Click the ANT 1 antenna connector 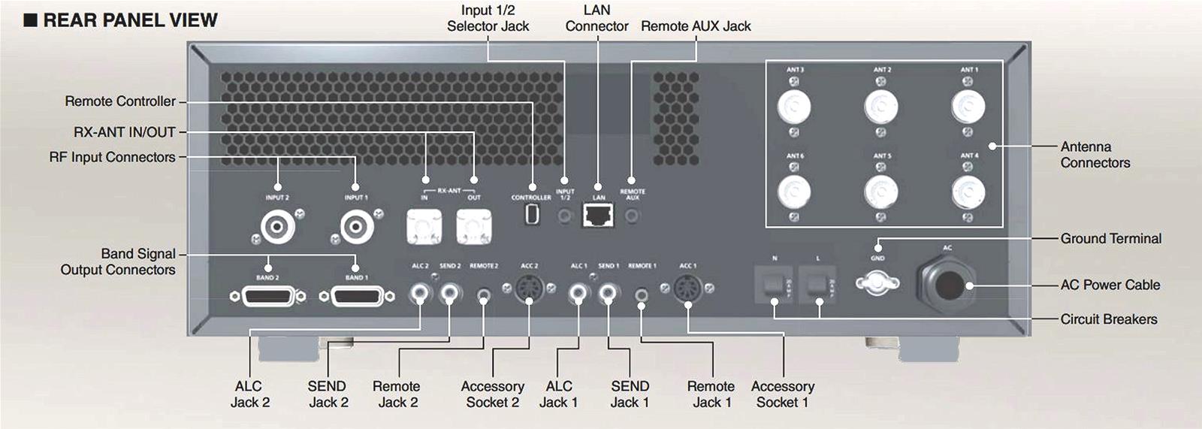(x=968, y=107)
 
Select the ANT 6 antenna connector (x=794, y=192)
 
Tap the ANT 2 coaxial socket (x=881, y=107)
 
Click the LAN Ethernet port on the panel (x=598, y=216)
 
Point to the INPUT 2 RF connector (x=277, y=225)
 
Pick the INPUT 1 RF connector (x=356, y=225)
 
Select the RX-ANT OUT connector (x=474, y=225)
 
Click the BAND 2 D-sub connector (x=267, y=297)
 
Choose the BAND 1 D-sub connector (x=357, y=297)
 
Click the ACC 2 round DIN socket (x=530, y=289)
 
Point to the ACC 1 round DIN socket (x=688, y=289)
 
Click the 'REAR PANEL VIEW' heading (x=130, y=20)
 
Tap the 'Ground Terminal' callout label (x=1110, y=239)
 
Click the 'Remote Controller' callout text (x=120, y=101)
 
